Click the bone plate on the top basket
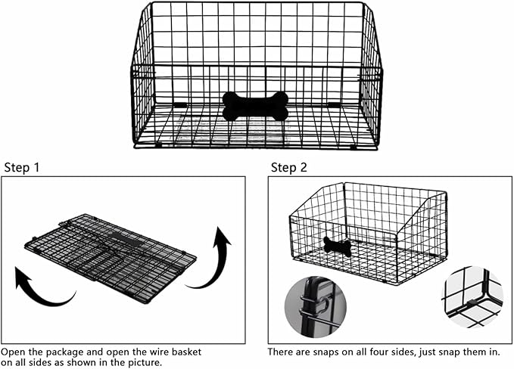point(255,107)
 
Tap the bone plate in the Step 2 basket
point(337,246)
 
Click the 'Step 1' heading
point(22,167)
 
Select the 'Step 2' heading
point(289,167)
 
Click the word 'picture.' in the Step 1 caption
point(143,363)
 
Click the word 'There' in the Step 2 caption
point(280,352)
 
